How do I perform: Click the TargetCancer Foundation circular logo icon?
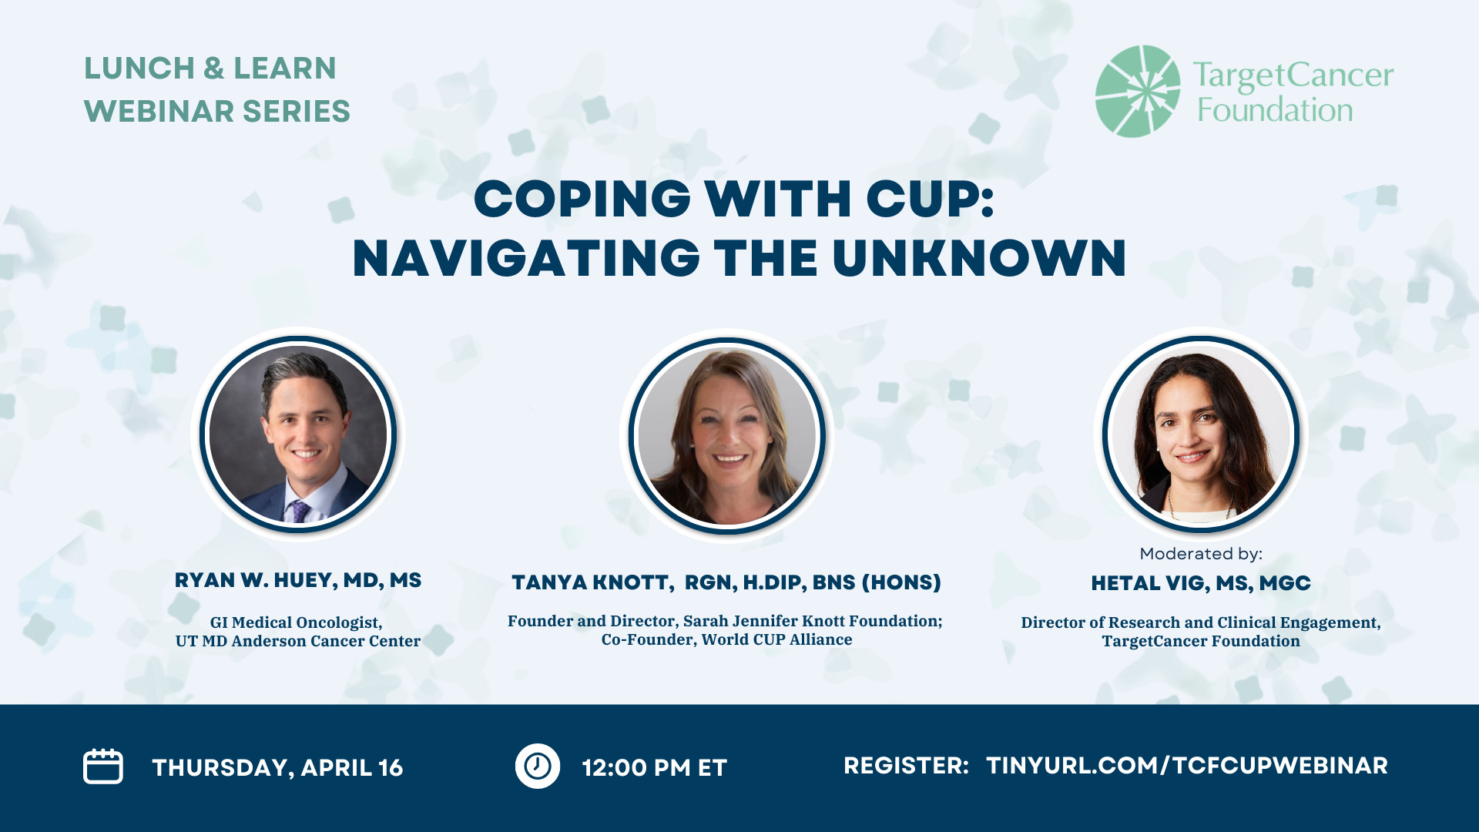tap(1138, 91)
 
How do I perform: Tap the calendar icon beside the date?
tap(103, 767)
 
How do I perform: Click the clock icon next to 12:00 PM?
tap(538, 766)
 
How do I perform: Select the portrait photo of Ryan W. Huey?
tap(298, 434)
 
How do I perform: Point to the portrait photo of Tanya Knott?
tap(727, 436)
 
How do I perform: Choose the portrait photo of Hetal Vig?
tap(1201, 434)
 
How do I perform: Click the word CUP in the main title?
tap(931, 199)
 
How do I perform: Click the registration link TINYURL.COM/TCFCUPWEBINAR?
tap(1187, 765)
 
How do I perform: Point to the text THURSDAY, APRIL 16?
tap(277, 767)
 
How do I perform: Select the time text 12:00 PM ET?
tap(655, 767)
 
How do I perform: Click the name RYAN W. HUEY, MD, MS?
tap(298, 580)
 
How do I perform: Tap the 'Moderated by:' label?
tap(1201, 553)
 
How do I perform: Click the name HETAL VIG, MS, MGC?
tap(1201, 583)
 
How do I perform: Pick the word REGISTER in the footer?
tap(906, 765)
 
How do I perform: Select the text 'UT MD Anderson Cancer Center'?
tap(298, 641)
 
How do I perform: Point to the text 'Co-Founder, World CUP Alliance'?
tap(726, 639)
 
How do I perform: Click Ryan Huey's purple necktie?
tap(298, 511)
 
